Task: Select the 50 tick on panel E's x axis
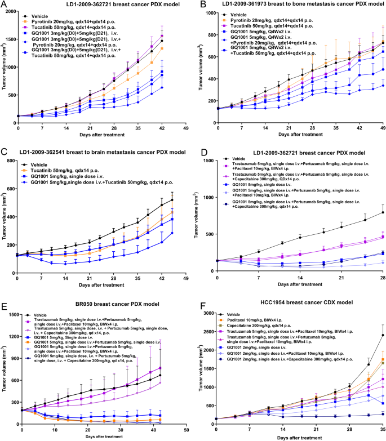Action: [x=186, y=429]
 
